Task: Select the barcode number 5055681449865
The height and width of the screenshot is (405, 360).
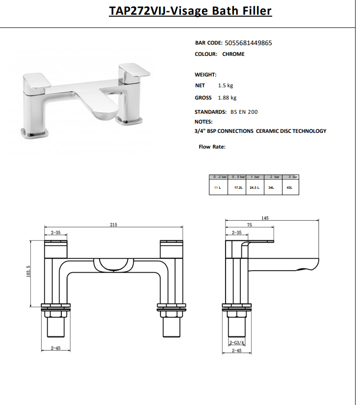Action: (x=248, y=43)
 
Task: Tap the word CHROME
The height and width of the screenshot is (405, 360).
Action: (x=233, y=54)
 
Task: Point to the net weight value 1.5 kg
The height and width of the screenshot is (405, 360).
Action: (x=226, y=85)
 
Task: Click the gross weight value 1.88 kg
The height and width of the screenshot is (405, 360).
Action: (x=227, y=98)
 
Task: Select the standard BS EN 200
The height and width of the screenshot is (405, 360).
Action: (x=244, y=112)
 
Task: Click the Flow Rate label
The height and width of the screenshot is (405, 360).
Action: (x=212, y=147)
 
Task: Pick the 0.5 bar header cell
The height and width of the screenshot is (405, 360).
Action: (x=239, y=177)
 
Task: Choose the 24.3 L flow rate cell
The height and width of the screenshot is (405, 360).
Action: (x=254, y=187)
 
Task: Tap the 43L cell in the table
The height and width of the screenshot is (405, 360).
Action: (x=289, y=187)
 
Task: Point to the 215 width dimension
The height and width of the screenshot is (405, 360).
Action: (x=113, y=225)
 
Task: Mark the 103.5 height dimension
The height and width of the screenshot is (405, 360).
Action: (x=28, y=271)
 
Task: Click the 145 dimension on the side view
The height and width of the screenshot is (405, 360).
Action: (x=265, y=218)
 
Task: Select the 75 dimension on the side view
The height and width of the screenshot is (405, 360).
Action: (x=249, y=225)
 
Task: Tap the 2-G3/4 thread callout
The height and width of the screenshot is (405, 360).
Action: (x=236, y=343)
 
